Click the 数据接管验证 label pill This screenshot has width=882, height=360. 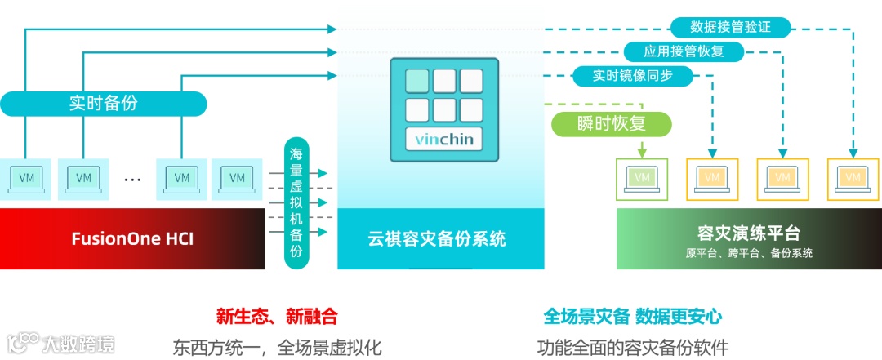pos(730,27)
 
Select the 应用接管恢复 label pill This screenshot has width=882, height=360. pos(684,51)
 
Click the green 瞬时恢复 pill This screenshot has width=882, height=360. pos(612,124)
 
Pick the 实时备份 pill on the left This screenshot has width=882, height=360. pos(103,104)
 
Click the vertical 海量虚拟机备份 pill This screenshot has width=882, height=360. pos(296,202)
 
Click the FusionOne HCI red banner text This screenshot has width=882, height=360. pos(132,239)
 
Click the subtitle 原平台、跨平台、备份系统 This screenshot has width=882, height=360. pos(749,253)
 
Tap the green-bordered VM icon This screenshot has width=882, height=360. pos(642,178)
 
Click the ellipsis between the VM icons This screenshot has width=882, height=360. pos(132,178)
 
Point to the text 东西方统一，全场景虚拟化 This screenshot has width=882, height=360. pos(277,346)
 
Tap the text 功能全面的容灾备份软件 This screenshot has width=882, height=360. pos(633,346)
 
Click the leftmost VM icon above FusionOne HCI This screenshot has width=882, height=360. pos(26,178)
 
